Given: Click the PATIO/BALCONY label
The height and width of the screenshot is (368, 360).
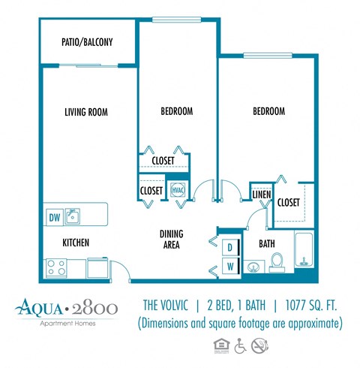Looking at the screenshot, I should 87,43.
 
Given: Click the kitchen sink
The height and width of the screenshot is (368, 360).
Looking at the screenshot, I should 73,217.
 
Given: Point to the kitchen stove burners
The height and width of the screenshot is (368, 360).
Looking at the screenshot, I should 57,266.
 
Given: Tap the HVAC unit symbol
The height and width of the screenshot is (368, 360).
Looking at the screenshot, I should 178,191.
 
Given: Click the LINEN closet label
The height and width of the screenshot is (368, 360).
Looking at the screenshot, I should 260,195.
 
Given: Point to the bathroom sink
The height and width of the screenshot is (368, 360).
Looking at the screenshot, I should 254,266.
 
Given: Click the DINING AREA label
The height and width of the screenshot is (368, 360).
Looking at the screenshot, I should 171,239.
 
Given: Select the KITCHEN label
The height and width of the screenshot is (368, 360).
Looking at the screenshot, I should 76,243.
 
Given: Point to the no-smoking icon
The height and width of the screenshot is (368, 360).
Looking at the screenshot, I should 259,347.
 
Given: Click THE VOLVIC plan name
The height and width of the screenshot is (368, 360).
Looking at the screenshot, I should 170,306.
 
